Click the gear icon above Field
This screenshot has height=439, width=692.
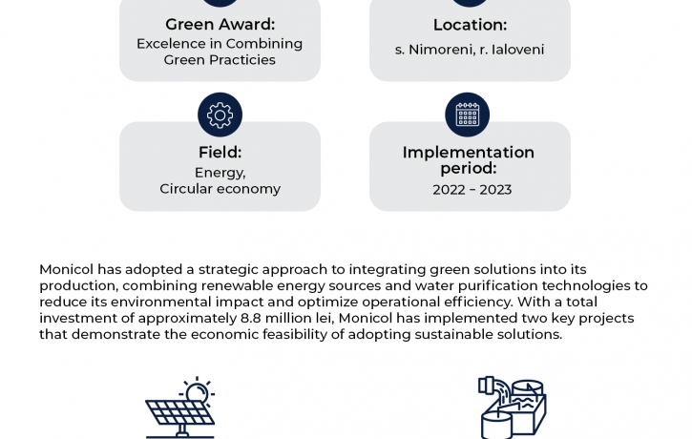click(220, 115)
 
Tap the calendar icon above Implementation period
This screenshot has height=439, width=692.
click(467, 115)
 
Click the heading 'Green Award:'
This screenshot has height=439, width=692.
click(220, 24)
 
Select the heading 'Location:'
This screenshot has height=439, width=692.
click(470, 25)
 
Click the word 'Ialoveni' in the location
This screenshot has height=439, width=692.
click(517, 50)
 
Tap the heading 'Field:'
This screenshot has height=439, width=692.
click(220, 152)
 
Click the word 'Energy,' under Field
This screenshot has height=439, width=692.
click(220, 173)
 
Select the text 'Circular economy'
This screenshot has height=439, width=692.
click(220, 189)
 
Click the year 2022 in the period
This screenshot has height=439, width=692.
click(449, 190)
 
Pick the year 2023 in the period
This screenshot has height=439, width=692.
click(495, 190)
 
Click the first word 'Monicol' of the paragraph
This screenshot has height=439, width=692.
click(67, 269)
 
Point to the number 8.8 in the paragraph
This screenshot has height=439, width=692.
click(251, 318)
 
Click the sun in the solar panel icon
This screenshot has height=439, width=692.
click(197, 392)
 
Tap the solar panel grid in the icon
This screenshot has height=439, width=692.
click(179, 413)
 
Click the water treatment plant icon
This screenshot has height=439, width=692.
click(512, 408)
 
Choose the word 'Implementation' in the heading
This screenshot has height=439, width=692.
click(469, 153)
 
